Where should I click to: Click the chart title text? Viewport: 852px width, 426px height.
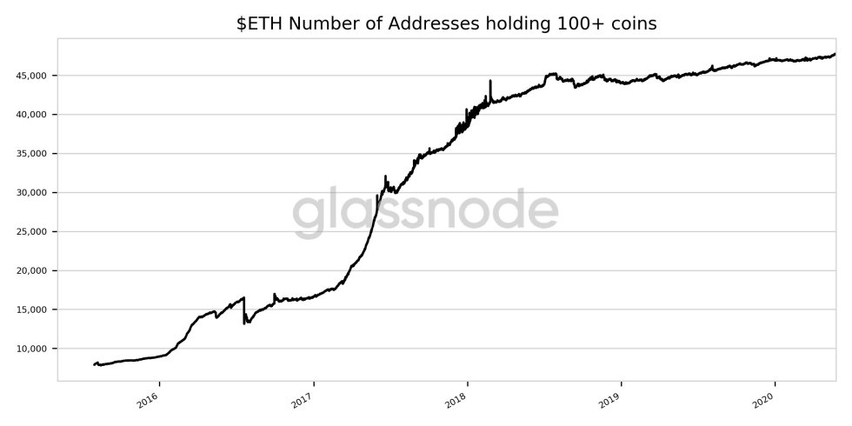[x=446, y=23]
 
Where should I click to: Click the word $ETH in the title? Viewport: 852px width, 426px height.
[x=258, y=23]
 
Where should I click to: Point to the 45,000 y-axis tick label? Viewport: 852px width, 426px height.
[x=32, y=76]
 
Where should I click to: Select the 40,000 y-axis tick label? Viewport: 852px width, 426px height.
[x=32, y=115]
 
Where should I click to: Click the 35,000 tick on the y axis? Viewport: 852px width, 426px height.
[x=32, y=154]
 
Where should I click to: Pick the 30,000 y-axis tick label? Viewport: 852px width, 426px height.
[x=32, y=193]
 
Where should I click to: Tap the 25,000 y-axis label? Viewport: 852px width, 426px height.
[x=32, y=232]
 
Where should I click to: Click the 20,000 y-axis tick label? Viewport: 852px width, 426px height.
[x=32, y=271]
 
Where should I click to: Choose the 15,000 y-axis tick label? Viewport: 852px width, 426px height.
[x=32, y=310]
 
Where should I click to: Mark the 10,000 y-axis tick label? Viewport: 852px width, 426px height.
[x=32, y=349]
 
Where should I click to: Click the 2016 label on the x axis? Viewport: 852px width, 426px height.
[x=149, y=397]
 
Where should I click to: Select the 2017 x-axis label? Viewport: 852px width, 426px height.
[x=303, y=397]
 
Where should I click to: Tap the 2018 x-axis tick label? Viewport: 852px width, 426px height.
[x=456, y=397]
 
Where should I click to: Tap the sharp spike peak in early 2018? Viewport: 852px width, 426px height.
[x=490, y=81]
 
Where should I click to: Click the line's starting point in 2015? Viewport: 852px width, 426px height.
[x=94, y=364]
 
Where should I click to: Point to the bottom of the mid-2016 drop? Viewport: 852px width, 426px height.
[x=245, y=323]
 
